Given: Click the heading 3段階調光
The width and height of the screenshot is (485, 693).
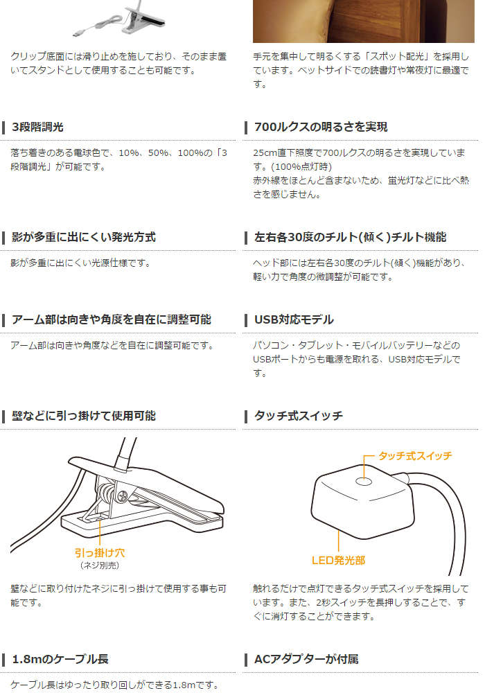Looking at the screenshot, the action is [37, 128].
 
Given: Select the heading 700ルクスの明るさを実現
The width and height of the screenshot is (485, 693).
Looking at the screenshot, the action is [321, 128].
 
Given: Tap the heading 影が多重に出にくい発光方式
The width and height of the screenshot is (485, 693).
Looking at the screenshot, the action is [83, 237].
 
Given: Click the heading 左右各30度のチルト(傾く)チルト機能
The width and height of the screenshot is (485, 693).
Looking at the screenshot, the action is [351, 237].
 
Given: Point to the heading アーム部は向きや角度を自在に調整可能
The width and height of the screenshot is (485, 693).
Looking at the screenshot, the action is [112, 319].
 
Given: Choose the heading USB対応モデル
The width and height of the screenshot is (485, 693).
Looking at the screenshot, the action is [294, 319].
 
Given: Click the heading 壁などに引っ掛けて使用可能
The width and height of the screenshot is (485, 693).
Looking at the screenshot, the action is [83, 416].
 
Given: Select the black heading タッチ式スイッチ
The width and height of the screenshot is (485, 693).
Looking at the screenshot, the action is [298, 416].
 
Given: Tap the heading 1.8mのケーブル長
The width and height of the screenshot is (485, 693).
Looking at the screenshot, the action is [60, 660].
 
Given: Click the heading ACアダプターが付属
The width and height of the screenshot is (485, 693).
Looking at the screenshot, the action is [306, 660].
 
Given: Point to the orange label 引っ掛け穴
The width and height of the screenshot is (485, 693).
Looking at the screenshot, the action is [100, 553].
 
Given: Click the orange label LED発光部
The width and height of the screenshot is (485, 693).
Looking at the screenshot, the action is [338, 561].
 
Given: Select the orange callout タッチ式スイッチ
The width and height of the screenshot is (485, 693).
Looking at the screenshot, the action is [415, 456].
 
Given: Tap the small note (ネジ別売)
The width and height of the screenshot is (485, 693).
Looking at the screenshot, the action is [100, 565].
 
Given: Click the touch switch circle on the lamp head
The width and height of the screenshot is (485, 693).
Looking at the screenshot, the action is [364, 482].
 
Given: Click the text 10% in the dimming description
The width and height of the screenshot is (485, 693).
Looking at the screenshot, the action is [129, 153].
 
